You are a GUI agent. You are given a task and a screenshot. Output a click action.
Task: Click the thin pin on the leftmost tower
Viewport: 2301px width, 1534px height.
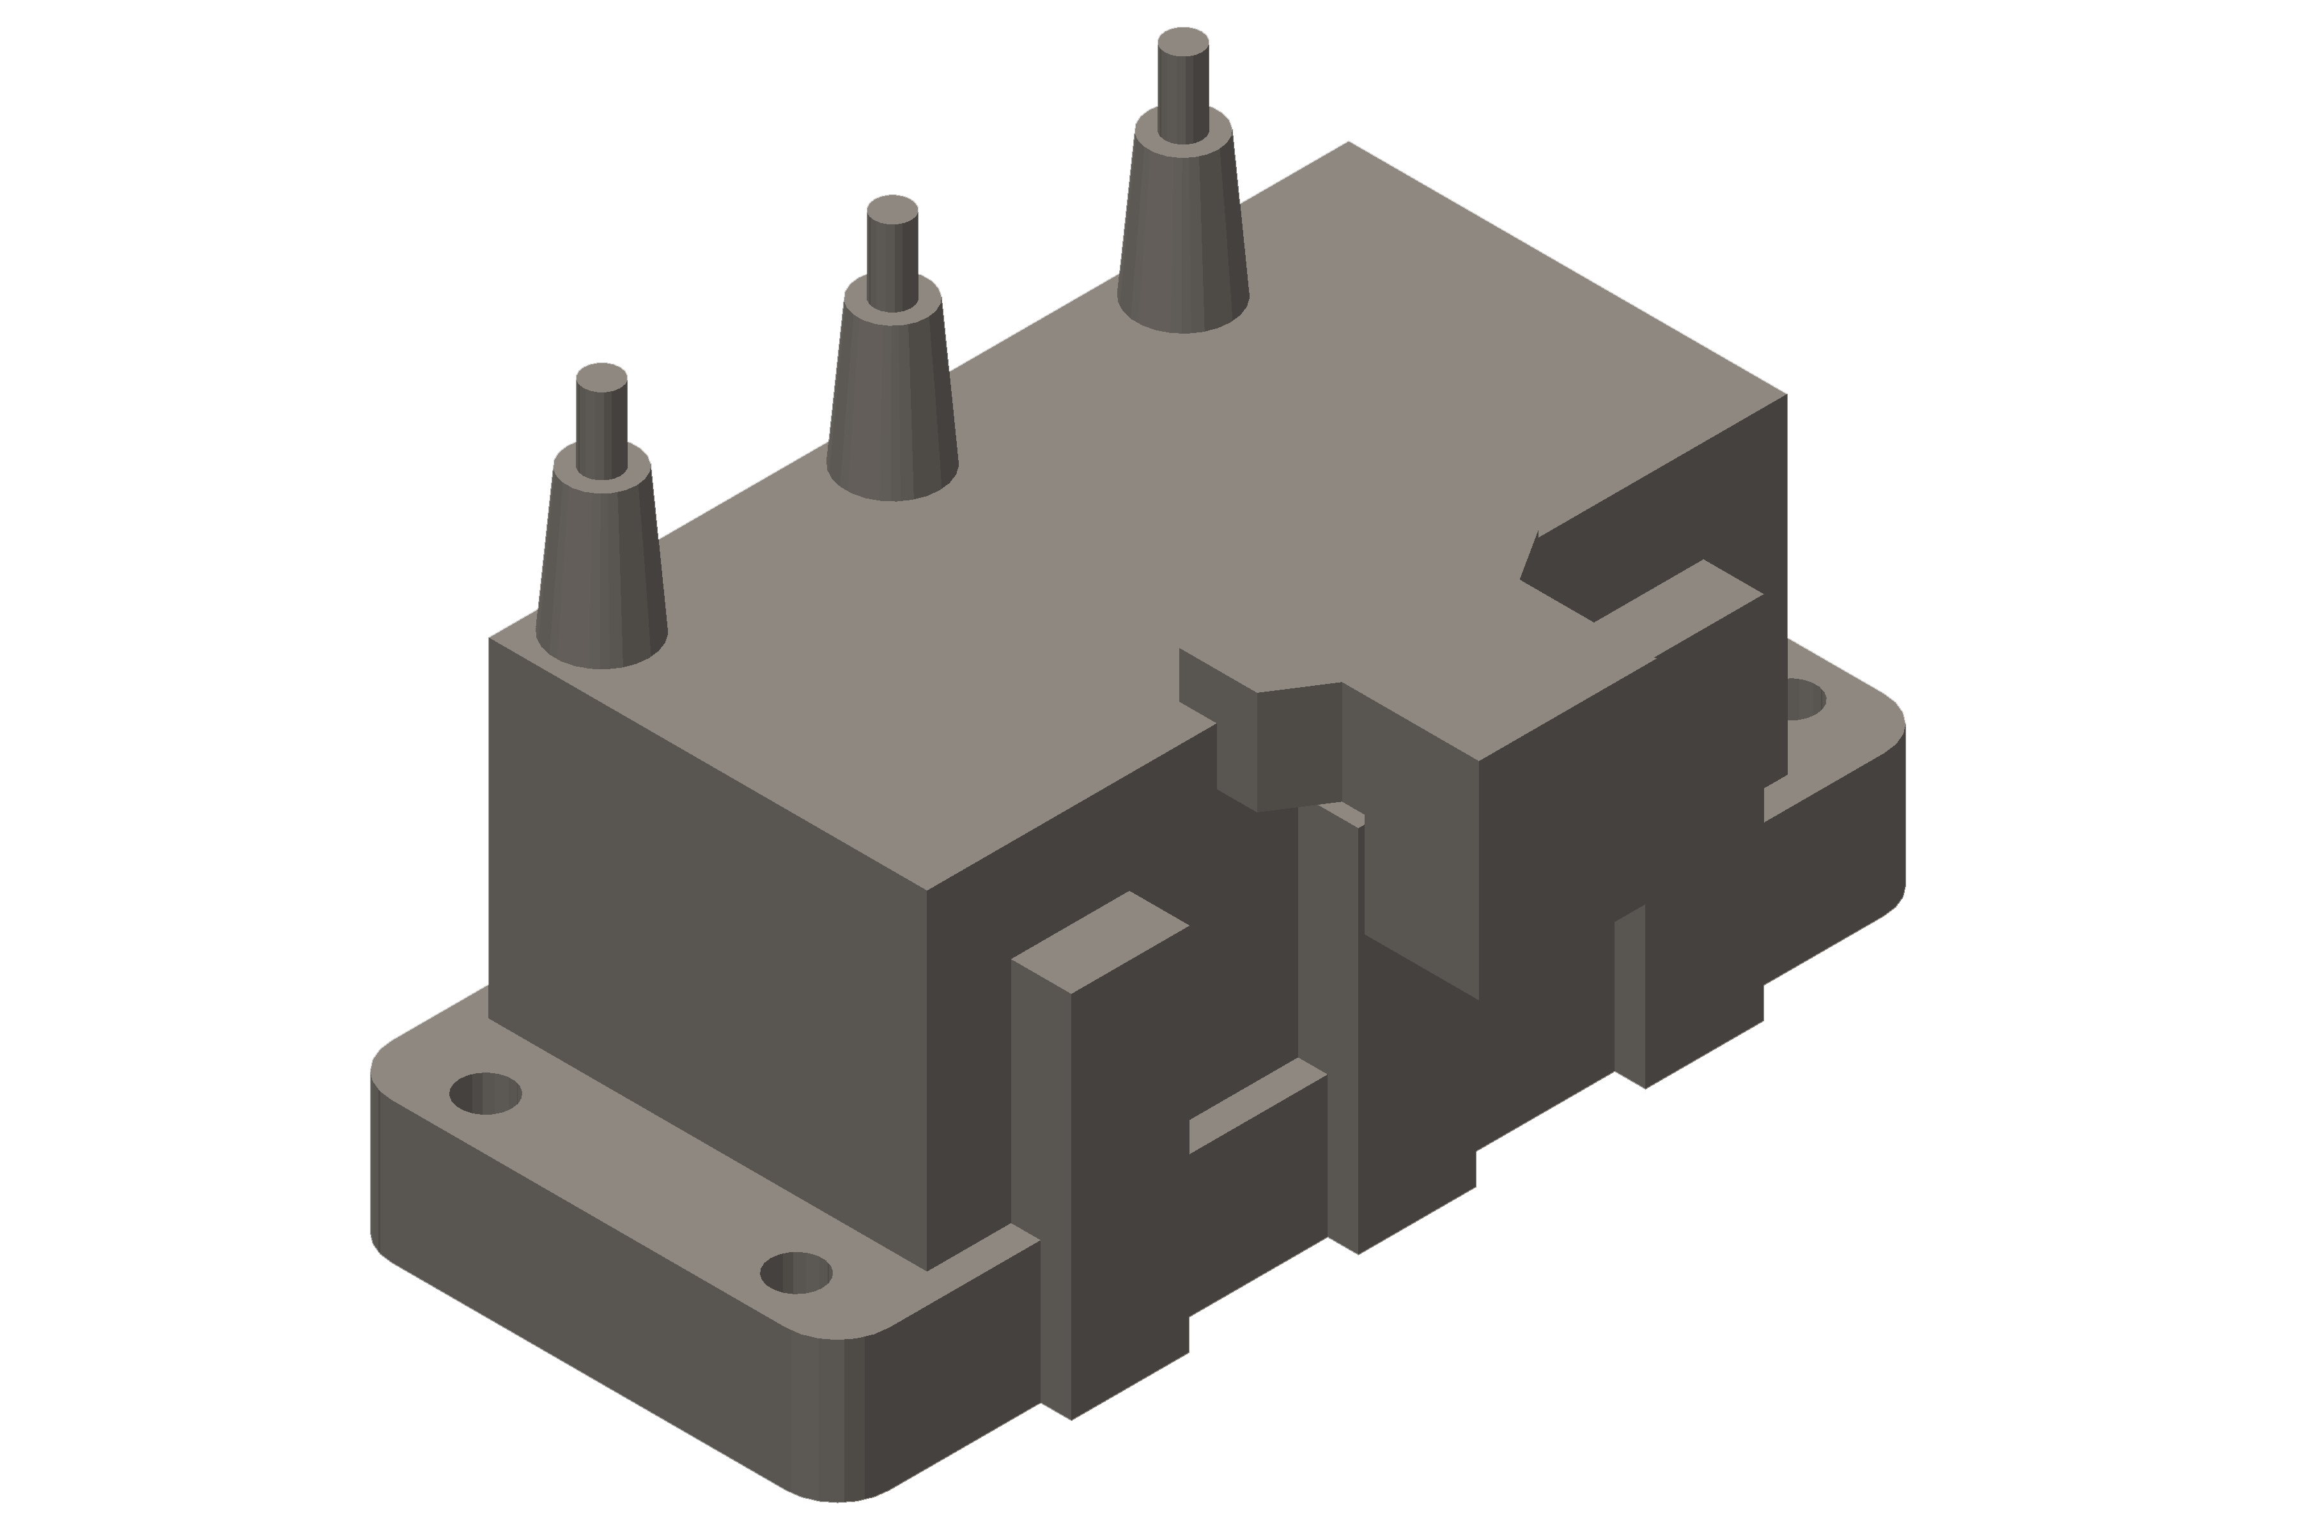pos(601,426)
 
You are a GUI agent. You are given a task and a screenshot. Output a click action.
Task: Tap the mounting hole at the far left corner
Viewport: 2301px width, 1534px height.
pos(485,1094)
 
